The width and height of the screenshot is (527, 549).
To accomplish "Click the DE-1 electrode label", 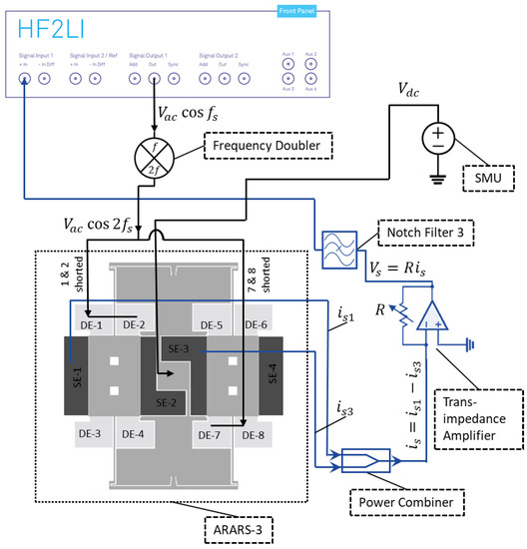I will click(91, 325).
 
